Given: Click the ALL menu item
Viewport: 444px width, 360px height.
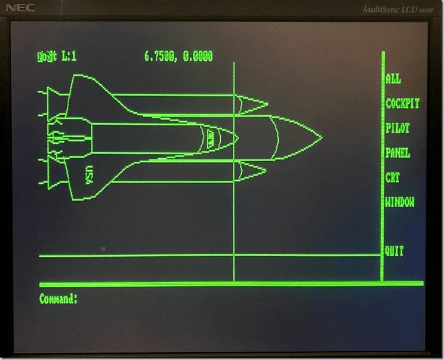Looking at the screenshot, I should click(393, 79).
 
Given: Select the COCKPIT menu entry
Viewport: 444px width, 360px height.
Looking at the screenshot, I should click(402, 103).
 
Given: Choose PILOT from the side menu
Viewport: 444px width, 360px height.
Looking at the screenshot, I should click(397, 128).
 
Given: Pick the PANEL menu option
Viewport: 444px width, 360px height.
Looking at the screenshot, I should click(397, 153).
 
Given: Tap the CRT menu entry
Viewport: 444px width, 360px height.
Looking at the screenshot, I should click(393, 177).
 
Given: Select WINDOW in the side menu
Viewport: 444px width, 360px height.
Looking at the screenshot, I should click(400, 202).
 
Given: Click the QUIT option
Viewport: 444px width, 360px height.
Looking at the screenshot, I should click(394, 251).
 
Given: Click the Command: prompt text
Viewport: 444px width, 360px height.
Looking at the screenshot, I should click(58, 299).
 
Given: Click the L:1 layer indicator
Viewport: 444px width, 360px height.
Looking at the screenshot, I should click(69, 57).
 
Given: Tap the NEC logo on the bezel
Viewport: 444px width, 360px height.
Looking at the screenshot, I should click(21, 8).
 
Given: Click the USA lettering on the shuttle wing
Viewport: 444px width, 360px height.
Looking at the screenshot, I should click(90, 174).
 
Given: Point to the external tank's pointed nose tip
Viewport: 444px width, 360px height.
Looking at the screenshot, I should click(321, 138).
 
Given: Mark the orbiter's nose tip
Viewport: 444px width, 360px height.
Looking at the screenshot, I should click(238, 138).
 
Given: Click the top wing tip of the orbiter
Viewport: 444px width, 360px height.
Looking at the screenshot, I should click(76, 76).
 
